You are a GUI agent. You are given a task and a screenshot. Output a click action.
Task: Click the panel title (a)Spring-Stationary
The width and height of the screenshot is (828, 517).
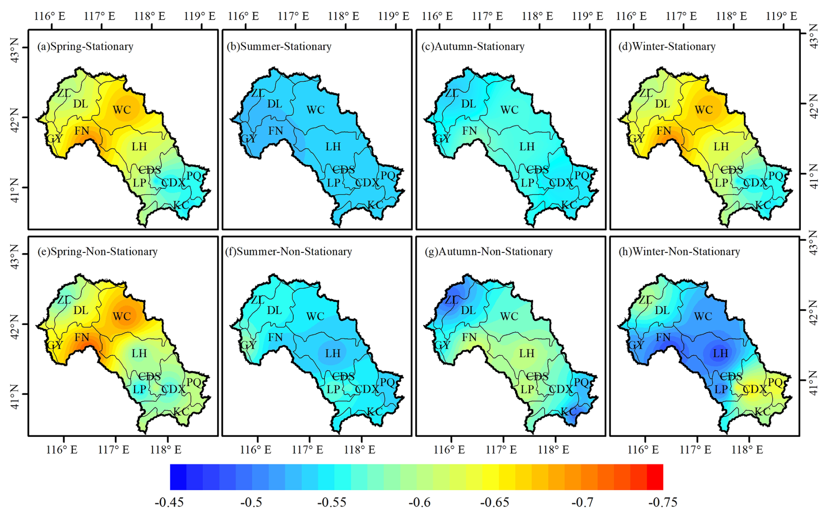(x=85, y=46)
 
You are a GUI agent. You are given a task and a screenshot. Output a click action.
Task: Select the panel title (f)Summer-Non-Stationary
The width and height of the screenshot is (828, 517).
(x=288, y=252)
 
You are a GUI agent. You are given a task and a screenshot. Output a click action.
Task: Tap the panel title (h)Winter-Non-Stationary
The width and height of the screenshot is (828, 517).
(x=679, y=252)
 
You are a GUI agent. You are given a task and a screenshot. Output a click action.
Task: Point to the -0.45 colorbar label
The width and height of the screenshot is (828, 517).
(x=169, y=502)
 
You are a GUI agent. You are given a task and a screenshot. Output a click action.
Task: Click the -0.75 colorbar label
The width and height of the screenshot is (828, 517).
(x=663, y=502)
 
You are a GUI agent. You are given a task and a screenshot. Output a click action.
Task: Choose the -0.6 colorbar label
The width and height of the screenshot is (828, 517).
(x=419, y=502)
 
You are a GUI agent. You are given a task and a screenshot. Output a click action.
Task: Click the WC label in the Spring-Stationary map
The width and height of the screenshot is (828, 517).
(x=122, y=109)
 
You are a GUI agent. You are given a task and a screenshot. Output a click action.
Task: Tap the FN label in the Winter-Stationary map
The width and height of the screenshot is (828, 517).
(x=663, y=131)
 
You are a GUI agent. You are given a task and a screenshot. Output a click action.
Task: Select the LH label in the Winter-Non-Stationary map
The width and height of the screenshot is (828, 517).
(x=720, y=353)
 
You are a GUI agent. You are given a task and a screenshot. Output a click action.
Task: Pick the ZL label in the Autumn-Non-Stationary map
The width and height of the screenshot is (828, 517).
(x=452, y=300)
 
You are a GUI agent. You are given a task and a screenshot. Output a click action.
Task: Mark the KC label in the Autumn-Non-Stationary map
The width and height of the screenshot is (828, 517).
(x=568, y=412)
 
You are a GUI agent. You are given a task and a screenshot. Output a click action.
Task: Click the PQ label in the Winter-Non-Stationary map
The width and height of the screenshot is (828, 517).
(x=775, y=382)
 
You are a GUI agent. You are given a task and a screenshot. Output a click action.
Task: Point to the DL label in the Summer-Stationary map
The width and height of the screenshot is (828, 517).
(x=274, y=104)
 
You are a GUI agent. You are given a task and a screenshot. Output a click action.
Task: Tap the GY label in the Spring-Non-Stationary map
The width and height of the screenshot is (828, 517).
(x=55, y=345)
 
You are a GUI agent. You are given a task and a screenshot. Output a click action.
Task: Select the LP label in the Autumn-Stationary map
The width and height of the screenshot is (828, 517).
(x=527, y=183)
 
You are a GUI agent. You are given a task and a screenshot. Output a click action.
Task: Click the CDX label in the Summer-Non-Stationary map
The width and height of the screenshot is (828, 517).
(x=367, y=389)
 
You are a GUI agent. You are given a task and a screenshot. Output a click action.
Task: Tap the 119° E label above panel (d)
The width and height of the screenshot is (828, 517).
(x=781, y=16)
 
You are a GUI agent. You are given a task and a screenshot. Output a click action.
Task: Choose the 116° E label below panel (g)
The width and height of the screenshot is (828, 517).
(x=449, y=449)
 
